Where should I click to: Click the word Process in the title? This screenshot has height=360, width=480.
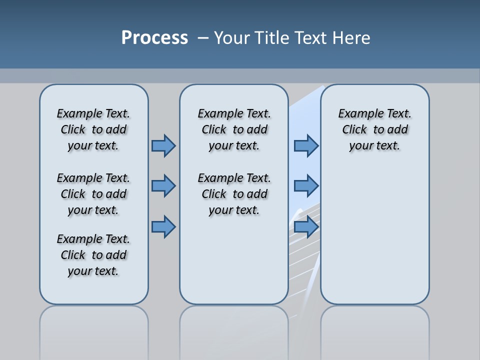154,37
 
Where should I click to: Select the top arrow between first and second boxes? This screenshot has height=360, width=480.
163,145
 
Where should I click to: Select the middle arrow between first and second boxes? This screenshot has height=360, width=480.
163,186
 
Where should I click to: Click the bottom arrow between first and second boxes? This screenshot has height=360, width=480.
163,226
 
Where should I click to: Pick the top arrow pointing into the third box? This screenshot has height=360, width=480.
306,145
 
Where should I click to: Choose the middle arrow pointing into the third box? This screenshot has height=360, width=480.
306,186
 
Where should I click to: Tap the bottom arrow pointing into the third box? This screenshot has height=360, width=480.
306,226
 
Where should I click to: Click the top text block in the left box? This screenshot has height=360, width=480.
93,129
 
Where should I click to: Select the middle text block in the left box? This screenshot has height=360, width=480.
93,194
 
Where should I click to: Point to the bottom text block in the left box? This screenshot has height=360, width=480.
93,255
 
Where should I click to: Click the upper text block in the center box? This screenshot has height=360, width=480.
234,129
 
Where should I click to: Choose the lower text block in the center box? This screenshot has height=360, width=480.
234,194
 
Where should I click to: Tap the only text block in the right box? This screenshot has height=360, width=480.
374,129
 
